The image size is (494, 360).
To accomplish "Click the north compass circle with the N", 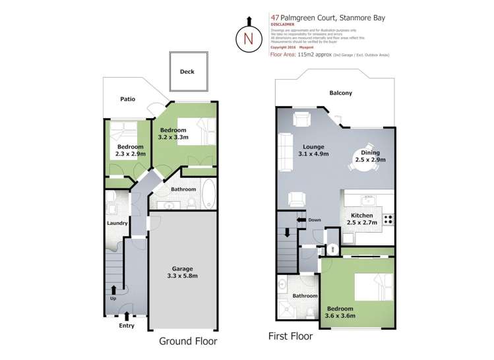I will click(249, 38).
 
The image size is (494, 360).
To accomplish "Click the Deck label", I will click(187, 71).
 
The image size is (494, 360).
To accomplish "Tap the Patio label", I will click(127, 99).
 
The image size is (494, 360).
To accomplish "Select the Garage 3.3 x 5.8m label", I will click(182, 272).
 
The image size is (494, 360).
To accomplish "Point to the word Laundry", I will click(117, 223).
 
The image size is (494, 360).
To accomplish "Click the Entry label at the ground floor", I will click(126, 325).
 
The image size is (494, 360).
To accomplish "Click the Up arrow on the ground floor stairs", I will click(114, 289).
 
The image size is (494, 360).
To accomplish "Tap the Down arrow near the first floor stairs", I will click(301, 220).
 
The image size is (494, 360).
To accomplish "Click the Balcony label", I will click(340, 93).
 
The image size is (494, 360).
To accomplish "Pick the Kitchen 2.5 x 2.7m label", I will click(361, 220).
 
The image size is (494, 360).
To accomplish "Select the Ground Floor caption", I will click(188, 342).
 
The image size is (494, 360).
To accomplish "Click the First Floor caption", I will click(290, 336).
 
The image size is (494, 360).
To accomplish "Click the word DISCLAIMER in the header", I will click(282, 24).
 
